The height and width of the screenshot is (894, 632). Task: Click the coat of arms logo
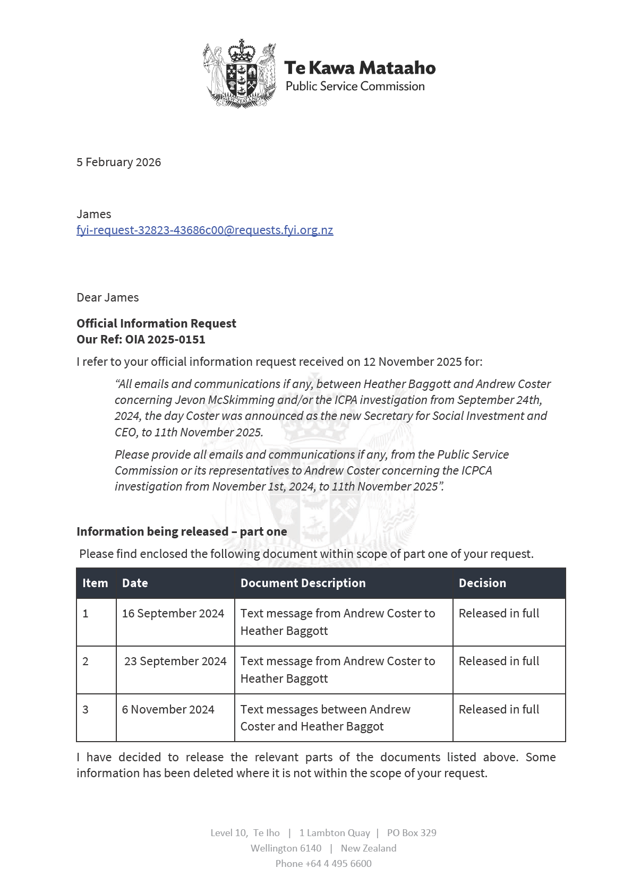pos(240,73)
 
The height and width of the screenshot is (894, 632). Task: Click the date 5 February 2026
pos(118,162)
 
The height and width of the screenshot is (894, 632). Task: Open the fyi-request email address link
pos(204,230)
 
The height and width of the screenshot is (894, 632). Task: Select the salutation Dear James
pos(107,297)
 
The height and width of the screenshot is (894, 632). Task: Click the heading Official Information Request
pos(156,323)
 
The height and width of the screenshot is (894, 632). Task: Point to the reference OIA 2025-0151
pos(165,339)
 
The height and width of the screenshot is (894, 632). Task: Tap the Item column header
pos(95,583)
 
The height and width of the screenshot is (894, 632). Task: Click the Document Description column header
pos(303,583)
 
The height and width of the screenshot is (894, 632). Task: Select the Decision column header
pos(482,583)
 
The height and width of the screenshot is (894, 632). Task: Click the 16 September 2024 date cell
pos(173,613)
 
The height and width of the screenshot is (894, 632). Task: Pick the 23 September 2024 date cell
pos(175,661)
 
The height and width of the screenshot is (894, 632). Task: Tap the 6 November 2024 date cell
pos(168,709)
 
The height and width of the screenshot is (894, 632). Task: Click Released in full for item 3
pos(499,709)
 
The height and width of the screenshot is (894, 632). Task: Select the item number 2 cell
pos(86,661)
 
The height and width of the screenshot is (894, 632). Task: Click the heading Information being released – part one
pos(182,531)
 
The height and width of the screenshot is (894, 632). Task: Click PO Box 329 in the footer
pos(412,832)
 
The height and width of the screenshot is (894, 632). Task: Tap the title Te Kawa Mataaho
pos(360,68)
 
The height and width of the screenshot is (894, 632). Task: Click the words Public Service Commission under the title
pos(355,86)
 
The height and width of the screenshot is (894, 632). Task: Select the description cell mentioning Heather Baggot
pos(325,718)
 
